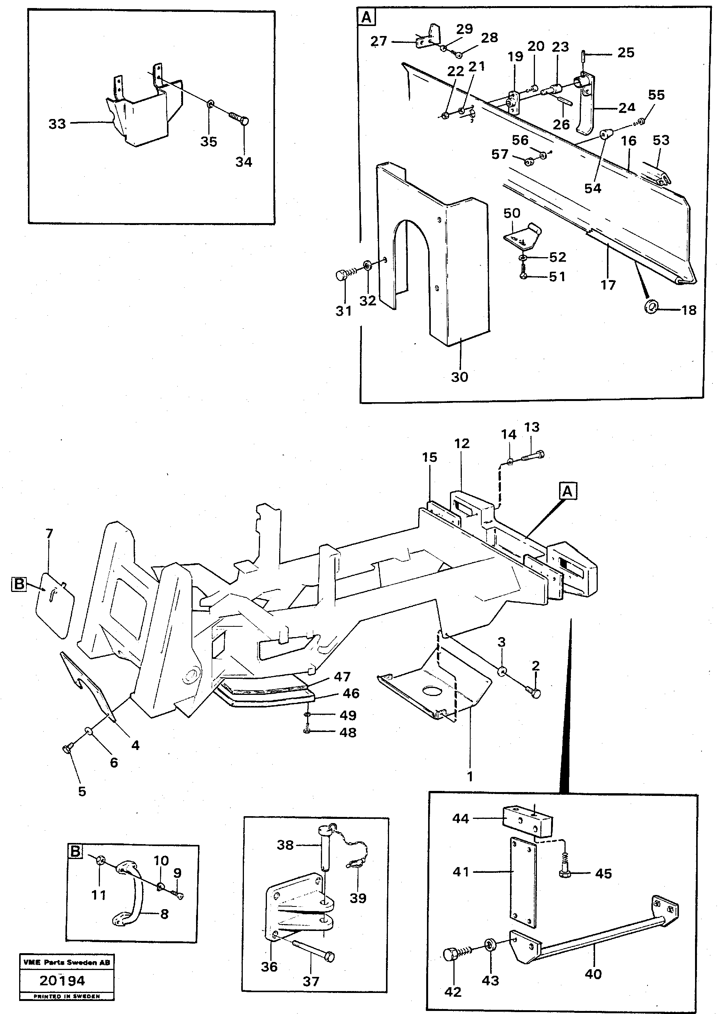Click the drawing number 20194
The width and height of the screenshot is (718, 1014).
62,981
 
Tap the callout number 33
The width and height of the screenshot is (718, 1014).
57,124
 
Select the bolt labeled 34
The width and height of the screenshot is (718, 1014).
239,118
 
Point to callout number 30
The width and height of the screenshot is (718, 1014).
460,377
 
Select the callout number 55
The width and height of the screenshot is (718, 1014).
656,95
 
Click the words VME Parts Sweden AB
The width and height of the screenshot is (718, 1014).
67,962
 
